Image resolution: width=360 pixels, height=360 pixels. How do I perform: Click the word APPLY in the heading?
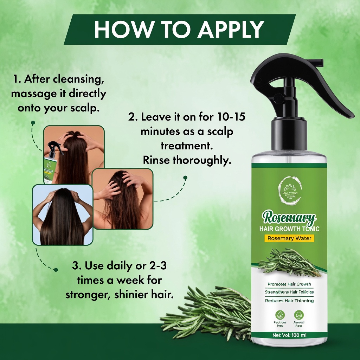[x=230, y=30]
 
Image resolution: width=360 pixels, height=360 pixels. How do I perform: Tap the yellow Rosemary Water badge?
[x=289, y=238]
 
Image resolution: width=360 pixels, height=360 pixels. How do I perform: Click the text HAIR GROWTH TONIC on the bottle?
[x=289, y=229]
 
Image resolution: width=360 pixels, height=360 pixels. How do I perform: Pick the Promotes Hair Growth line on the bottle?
[x=289, y=284]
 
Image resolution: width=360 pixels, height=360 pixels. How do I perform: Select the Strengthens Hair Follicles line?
[x=289, y=292]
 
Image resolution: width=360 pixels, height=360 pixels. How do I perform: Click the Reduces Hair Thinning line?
[x=289, y=301]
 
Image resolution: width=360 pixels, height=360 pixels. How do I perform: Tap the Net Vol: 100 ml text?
[x=289, y=335]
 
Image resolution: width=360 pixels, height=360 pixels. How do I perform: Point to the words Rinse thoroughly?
[x=187, y=160]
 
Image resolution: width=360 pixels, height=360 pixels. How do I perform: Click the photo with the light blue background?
[x=63, y=214]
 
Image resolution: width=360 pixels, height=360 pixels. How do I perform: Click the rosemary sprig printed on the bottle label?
[x=289, y=262]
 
